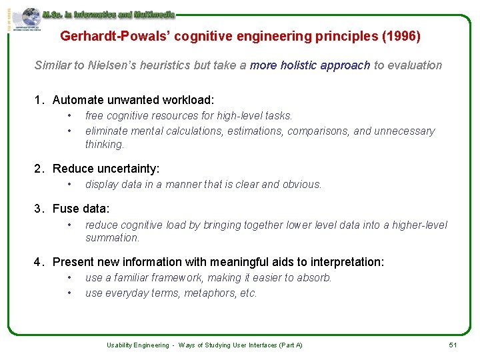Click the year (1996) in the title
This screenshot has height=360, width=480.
[x=401, y=36]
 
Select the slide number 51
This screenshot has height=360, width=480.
[x=452, y=345]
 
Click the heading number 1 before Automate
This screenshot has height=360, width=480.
[x=39, y=100]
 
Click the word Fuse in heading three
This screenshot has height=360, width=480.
[x=65, y=209]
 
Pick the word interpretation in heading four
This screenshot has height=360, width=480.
[x=345, y=262]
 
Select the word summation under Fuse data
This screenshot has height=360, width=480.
[x=112, y=237]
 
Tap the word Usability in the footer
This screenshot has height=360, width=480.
[x=121, y=345]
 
